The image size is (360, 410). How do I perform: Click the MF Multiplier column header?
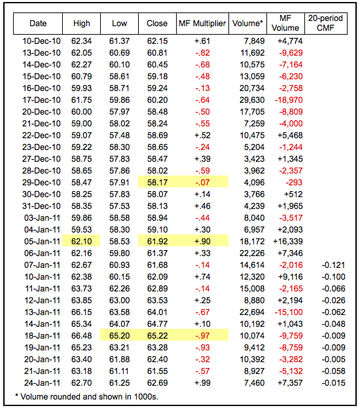202,24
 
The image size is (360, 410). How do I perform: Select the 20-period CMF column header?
325,23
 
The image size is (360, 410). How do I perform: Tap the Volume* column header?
247,24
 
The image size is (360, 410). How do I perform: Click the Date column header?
38,24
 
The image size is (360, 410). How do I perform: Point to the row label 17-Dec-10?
41,100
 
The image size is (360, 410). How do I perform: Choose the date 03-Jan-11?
42,218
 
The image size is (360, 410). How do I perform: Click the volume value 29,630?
252,100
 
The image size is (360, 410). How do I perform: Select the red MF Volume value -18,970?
289,100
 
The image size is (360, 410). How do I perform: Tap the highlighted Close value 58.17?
157,183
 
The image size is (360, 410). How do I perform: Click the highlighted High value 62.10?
82,242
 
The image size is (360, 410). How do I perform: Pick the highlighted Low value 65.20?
119,336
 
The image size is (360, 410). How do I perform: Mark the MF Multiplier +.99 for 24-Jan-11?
202,383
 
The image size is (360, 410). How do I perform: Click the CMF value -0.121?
333,265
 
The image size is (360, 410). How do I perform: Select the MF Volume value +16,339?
288,242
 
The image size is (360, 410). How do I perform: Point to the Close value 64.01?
157,312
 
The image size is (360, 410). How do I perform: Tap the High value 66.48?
82,336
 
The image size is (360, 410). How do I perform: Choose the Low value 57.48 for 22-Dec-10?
119,136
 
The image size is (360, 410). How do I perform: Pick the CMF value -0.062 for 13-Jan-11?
333,312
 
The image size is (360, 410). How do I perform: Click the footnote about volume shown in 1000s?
87,397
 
